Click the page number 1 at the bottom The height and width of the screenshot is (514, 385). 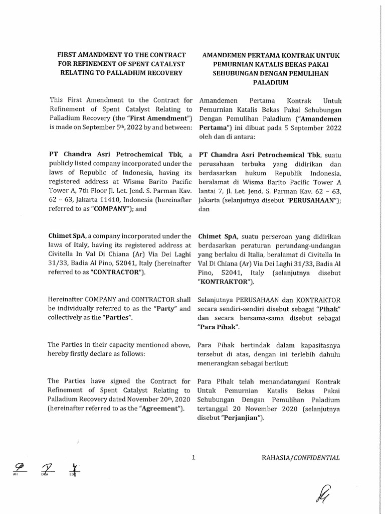pyautogui.click(x=193, y=457)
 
